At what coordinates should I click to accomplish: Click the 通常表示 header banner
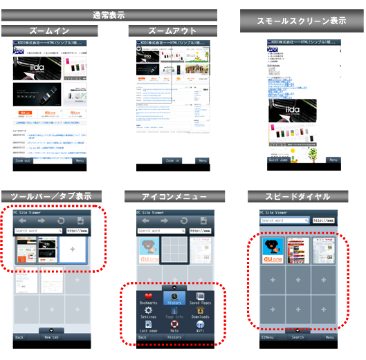[109, 15]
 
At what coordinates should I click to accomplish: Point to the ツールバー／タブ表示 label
[53, 196]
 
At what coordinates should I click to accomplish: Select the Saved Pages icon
[200, 296]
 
